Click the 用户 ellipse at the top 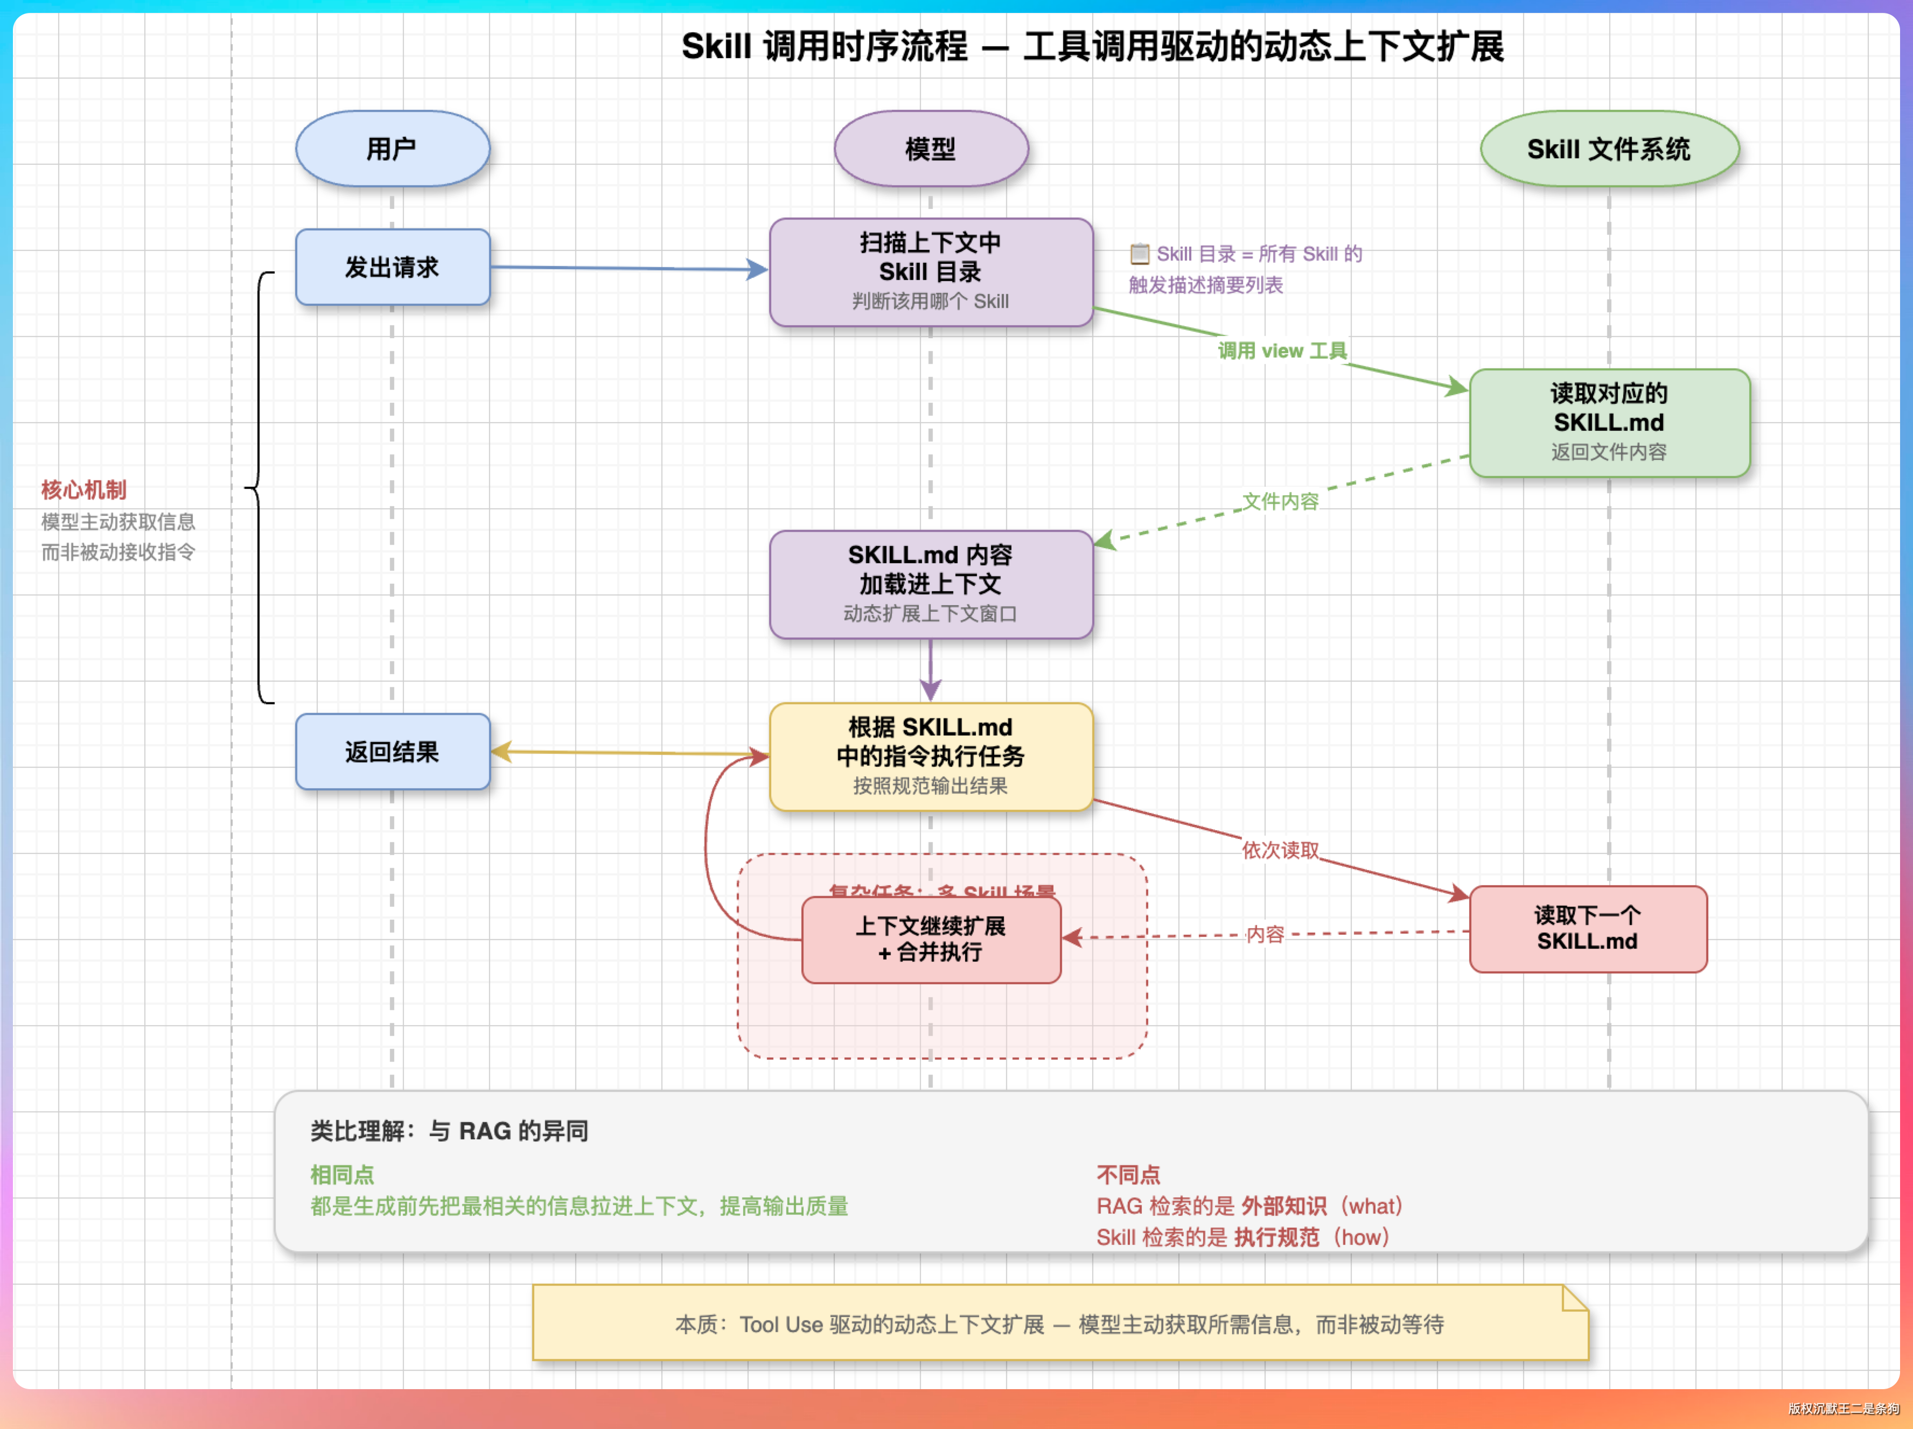(393, 149)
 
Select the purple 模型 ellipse (931, 149)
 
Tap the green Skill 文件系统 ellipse (1609, 149)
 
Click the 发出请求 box (393, 267)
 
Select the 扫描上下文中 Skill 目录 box (931, 271)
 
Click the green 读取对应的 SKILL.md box (1609, 423)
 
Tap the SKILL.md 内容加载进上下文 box (931, 584)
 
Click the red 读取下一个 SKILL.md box (1588, 928)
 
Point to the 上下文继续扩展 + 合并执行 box (931, 940)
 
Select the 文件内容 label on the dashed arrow (1280, 501)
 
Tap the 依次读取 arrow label (1280, 851)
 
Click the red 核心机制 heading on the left (84, 490)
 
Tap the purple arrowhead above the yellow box (931, 690)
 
